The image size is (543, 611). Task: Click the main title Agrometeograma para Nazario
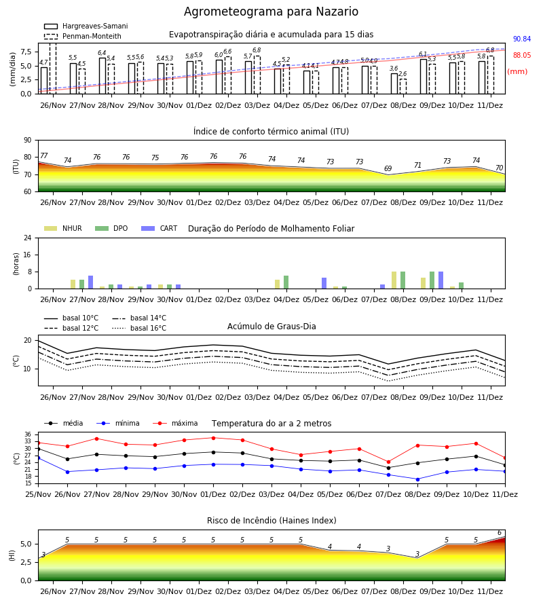coord(271,12)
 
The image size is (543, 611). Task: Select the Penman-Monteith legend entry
coord(83,36)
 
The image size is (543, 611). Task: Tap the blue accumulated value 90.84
coord(522,39)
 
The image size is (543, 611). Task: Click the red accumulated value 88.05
coord(522,56)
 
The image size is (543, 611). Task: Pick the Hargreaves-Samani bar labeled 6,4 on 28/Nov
coord(102,76)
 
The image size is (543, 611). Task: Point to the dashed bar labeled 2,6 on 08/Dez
coord(403,86)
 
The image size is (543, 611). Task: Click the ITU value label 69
coord(388,169)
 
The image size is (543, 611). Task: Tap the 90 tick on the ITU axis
coord(28,141)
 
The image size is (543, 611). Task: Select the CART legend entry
coord(160,228)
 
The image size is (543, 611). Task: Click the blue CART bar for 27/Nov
coord(91,282)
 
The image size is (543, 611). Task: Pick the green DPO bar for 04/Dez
coord(286,282)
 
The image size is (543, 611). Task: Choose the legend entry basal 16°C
coord(139,329)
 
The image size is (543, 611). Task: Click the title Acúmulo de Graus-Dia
coord(271,327)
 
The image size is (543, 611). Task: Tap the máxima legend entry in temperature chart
coord(175,423)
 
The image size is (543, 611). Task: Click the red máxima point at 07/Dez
coord(389,462)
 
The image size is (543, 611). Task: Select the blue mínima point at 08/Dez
coord(418,479)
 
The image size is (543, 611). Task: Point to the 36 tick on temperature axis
coord(28,434)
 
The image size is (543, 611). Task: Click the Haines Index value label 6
coord(500,533)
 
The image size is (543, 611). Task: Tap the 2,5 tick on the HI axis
coord(26,562)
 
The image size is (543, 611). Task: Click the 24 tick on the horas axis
coord(28,238)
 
